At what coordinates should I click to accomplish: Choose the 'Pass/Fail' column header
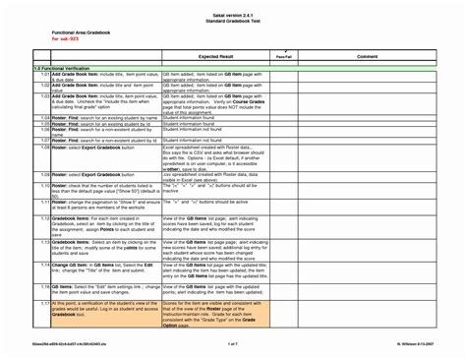[x=283, y=58]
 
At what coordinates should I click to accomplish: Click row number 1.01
[x=44, y=75]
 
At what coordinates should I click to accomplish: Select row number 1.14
[x=44, y=265]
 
